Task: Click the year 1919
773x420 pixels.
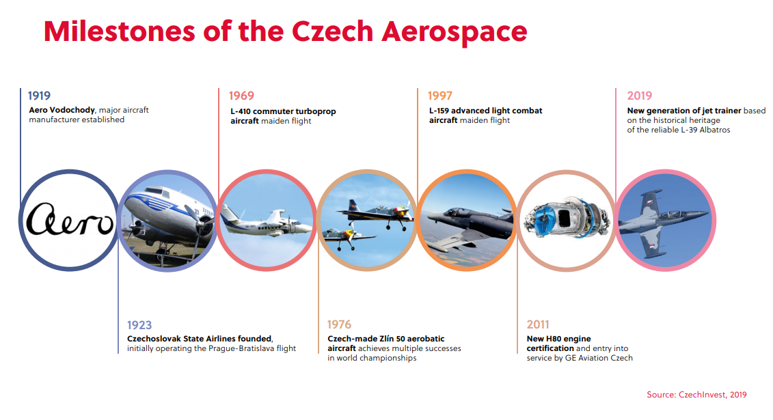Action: [39, 96]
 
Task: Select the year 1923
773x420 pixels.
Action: [139, 325]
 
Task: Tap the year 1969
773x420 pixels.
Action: [241, 96]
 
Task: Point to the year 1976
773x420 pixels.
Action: [339, 324]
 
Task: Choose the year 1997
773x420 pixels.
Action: [439, 96]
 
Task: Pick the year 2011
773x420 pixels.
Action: [538, 324]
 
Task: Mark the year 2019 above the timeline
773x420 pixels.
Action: [640, 96]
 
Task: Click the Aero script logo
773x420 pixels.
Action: [70, 220]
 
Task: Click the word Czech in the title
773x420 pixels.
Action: [332, 31]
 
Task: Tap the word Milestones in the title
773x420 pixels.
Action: [120, 31]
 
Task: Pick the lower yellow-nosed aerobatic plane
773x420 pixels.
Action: [346, 235]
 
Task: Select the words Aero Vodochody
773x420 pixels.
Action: [62, 110]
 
